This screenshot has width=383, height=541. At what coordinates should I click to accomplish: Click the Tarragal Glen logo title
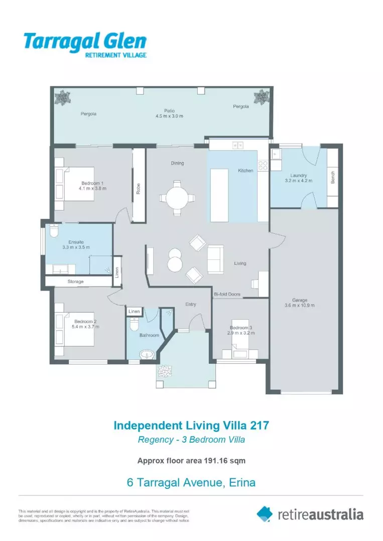[85, 41]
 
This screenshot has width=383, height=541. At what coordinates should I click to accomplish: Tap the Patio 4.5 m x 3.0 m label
[169, 113]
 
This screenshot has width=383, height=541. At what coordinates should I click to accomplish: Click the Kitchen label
[245, 171]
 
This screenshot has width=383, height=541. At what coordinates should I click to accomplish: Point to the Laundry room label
[299, 178]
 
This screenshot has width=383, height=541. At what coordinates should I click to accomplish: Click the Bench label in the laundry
[333, 177]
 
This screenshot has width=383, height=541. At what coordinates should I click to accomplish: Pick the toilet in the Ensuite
[54, 231]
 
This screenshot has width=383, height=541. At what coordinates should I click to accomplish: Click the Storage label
[76, 282]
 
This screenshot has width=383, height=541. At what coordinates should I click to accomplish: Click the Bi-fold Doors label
[227, 294]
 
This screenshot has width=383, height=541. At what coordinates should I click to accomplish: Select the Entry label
[191, 305]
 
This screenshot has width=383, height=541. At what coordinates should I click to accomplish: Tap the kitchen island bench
[219, 195]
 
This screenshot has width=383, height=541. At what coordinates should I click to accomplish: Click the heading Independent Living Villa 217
[191, 425]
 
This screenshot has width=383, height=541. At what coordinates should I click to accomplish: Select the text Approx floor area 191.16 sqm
[191, 460]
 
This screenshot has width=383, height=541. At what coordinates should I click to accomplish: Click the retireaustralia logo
[310, 514]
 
